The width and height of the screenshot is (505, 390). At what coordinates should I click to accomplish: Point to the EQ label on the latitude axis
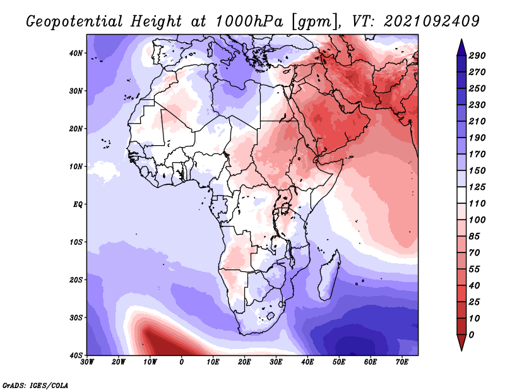pos(77,204)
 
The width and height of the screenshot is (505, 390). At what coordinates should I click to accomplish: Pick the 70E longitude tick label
pos(401,362)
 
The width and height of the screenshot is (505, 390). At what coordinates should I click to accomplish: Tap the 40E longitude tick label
pos(307,362)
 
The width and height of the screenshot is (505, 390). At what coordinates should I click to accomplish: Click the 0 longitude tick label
pos(182,362)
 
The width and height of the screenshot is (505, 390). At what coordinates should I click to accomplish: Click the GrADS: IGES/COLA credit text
pos(35,385)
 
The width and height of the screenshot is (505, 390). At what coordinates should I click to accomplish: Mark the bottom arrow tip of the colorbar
pos(461,349)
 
